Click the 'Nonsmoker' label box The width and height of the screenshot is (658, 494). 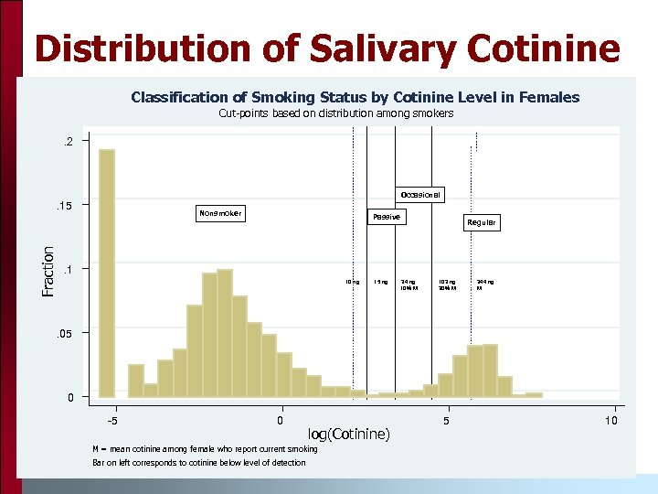coord(220,213)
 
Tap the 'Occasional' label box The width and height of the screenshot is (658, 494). coord(420,194)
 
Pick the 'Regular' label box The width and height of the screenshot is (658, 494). coord(482,222)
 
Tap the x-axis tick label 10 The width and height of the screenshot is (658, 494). coord(611,420)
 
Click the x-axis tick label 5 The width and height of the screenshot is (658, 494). coord(446,420)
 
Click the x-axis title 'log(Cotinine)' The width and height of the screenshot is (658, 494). coord(348,433)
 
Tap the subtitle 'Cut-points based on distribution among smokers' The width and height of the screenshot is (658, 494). coord(335,113)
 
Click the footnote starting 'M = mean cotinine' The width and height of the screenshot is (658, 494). coord(205,448)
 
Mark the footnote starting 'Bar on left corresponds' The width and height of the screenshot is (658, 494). coord(199,462)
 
